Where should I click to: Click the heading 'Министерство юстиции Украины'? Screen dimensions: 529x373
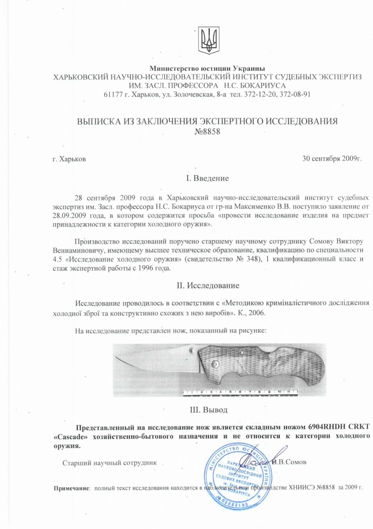click(207, 68)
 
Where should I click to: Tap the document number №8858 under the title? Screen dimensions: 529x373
click(207, 132)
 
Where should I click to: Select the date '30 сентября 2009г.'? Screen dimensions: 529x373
click(332, 159)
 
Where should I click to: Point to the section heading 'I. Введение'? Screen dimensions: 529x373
click(207, 178)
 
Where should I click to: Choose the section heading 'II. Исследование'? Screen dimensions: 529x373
click(208, 285)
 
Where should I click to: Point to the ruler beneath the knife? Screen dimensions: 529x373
click(240, 392)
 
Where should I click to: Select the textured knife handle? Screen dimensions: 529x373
click(264, 365)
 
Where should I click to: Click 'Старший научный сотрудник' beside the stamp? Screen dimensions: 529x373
click(110, 463)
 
